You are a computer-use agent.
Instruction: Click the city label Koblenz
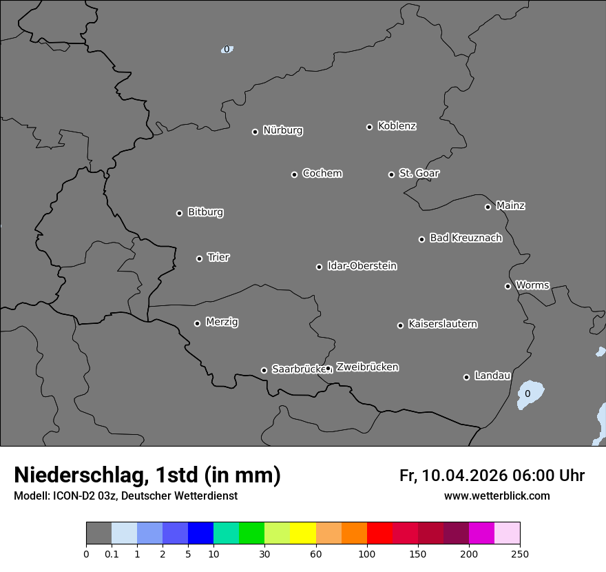[397, 126]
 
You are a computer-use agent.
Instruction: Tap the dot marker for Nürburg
[255, 132]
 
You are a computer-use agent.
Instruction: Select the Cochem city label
[322, 173]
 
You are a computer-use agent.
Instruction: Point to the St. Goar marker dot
[391, 174]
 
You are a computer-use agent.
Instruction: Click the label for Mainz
[510, 205]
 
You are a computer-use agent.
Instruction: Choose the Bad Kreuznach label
[466, 238]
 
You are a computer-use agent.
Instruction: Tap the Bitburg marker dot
[179, 213]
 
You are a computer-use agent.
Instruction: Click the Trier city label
[218, 257]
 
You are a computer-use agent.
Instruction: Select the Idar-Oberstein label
[362, 265]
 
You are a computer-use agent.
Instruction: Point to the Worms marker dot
[508, 286]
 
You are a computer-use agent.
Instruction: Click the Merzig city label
[222, 322]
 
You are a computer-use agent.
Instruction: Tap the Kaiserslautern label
[442, 324]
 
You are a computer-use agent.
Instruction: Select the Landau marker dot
[466, 377]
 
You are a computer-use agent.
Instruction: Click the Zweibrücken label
[367, 367]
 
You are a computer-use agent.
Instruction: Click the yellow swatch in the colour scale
[303, 533]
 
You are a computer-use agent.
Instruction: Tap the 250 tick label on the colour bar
[519, 553]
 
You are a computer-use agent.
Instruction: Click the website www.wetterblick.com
[497, 496]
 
